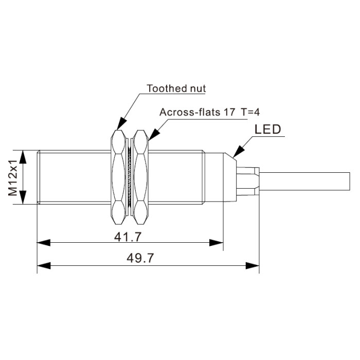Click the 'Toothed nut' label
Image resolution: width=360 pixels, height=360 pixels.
point(176,88)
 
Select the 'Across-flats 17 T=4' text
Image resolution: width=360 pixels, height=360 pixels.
point(210,112)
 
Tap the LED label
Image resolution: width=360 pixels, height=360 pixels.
point(268,129)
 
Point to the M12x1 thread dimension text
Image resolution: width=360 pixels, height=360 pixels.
point(13,177)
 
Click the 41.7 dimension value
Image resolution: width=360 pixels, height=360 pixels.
point(128,237)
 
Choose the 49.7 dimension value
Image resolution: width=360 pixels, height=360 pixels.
point(140,258)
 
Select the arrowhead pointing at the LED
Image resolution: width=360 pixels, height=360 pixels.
point(238,151)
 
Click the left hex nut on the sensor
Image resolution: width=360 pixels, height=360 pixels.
point(118,177)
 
